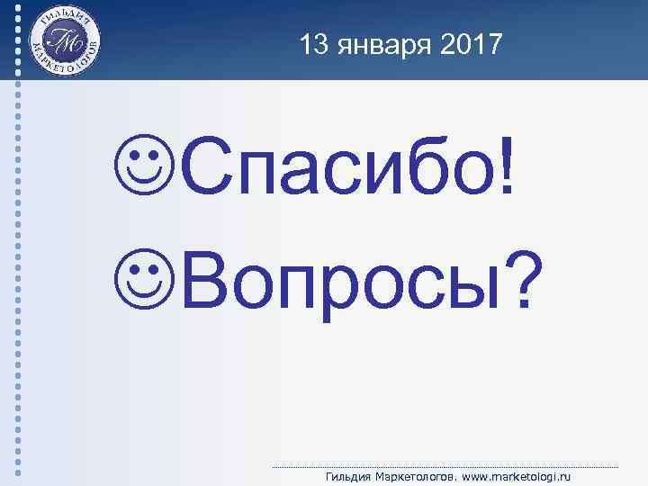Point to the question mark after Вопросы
[515, 275]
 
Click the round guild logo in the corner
[64, 42]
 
